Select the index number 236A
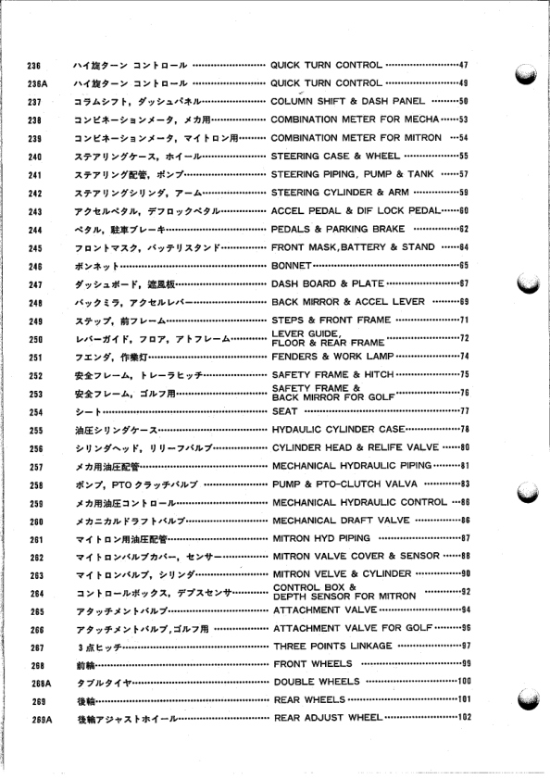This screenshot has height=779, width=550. (37, 83)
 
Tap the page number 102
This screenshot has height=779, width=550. (464, 718)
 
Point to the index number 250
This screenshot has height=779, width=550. (37, 338)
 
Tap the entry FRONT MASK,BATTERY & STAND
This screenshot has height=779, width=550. (353, 247)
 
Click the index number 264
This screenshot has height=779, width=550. (37, 592)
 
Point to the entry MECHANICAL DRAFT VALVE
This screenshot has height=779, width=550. (343, 520)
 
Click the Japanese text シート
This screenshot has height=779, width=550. (87, 411)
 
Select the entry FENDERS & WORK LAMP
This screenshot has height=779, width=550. (332, 357)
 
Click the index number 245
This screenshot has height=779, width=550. (37, 248)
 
